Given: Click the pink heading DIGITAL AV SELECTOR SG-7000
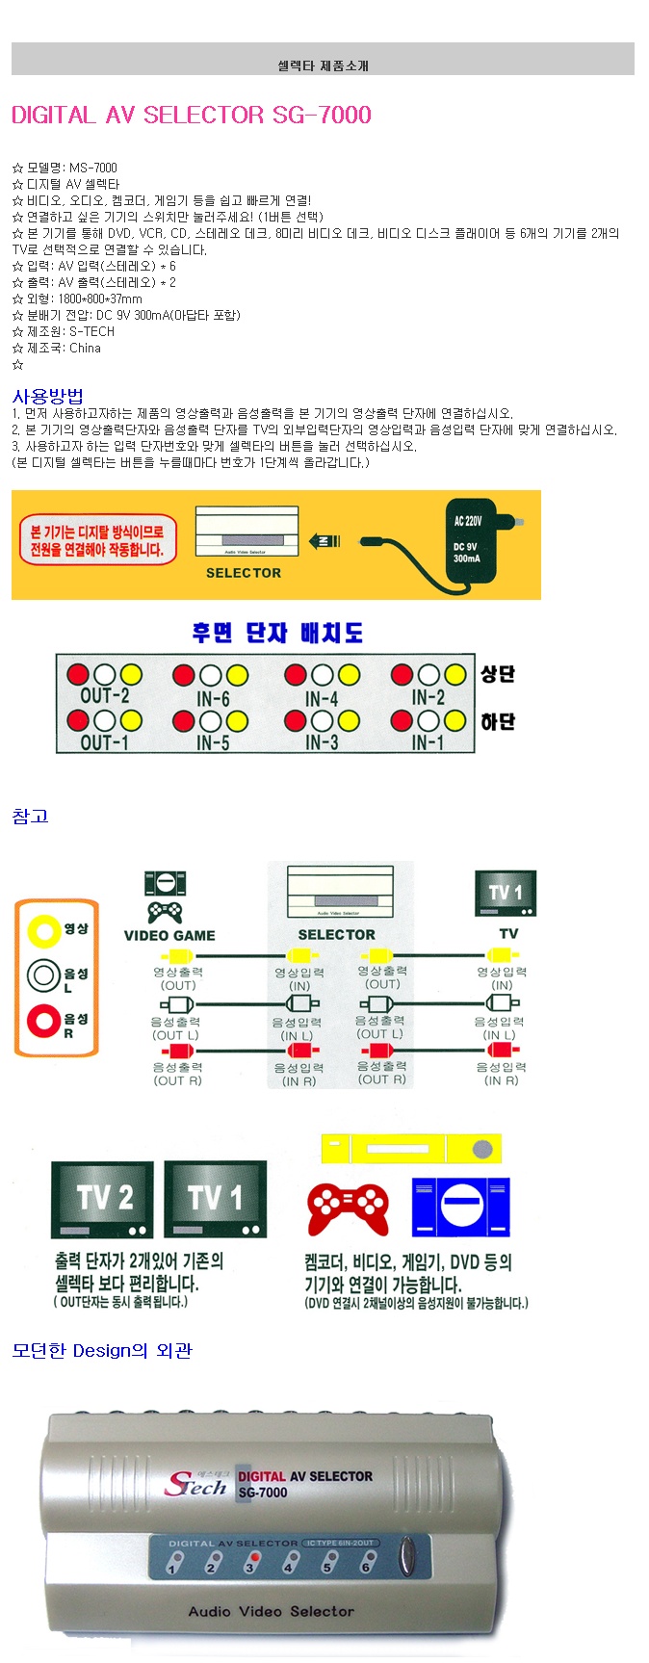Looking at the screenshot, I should pyautogui.click(x=191, y=116).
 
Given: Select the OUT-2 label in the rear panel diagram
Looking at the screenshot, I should pyautogui.click(x=105, y=695).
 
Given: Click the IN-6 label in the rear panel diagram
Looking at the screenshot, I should pyautogui.click(x=213, y=698).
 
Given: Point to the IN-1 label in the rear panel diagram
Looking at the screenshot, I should pyautogui.click(x=428, y=742).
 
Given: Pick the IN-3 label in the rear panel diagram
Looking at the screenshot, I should pyautogui.click(x=322, y=742).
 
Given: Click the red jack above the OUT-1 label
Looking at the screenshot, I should pyautogui.click(x=79, y=720).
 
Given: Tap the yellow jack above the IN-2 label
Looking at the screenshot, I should pyautogui.click(x=454, y=674).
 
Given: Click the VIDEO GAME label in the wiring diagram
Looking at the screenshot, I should pyautogui.click(x=169, y=935).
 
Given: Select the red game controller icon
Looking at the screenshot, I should pyautogui.click(x=348, y=1208).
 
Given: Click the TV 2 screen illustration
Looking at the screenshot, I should pyautogui.click(x=102, y=1199).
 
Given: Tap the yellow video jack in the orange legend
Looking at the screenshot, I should pyautogui.click(x=43, y=929).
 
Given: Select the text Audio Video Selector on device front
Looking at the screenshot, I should pyautogui.click(x=271, y=1611).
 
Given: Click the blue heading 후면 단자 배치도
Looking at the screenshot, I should pyautogui.click(x=277, y=633).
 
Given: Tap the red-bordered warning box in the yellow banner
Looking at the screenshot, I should pyautogui.click(x=97, y=540).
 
